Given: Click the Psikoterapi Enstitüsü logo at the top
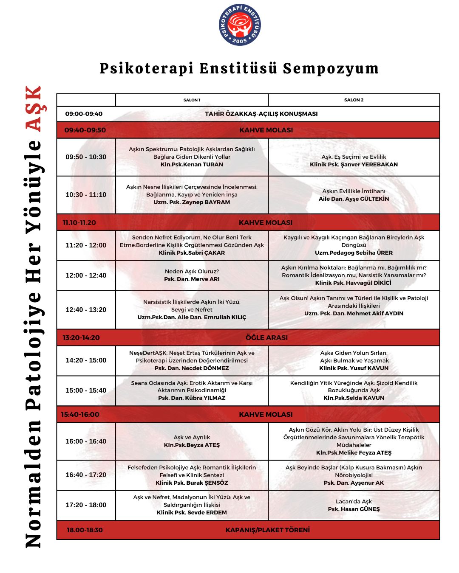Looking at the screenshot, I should pos(240,25).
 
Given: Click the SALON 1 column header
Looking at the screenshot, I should pos(192,100).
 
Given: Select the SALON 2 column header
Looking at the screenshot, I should pos(354,100).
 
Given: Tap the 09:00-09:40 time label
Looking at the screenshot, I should pos(84,114).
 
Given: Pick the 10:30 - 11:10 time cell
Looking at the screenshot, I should pos(86,195).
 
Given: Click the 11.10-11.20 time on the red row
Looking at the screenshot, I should pos(79,223).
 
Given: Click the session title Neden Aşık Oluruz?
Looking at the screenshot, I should pos(192,272).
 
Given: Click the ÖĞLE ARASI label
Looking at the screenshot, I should pos(266,338).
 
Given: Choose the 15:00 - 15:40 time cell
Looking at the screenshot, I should pos(86,390).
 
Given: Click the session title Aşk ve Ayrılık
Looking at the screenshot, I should pos(192,438).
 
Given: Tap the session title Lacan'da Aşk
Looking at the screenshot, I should pos(354,502).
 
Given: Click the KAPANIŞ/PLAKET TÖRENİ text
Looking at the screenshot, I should pos(268,530).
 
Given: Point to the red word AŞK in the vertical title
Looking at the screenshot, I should pos(34,109).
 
